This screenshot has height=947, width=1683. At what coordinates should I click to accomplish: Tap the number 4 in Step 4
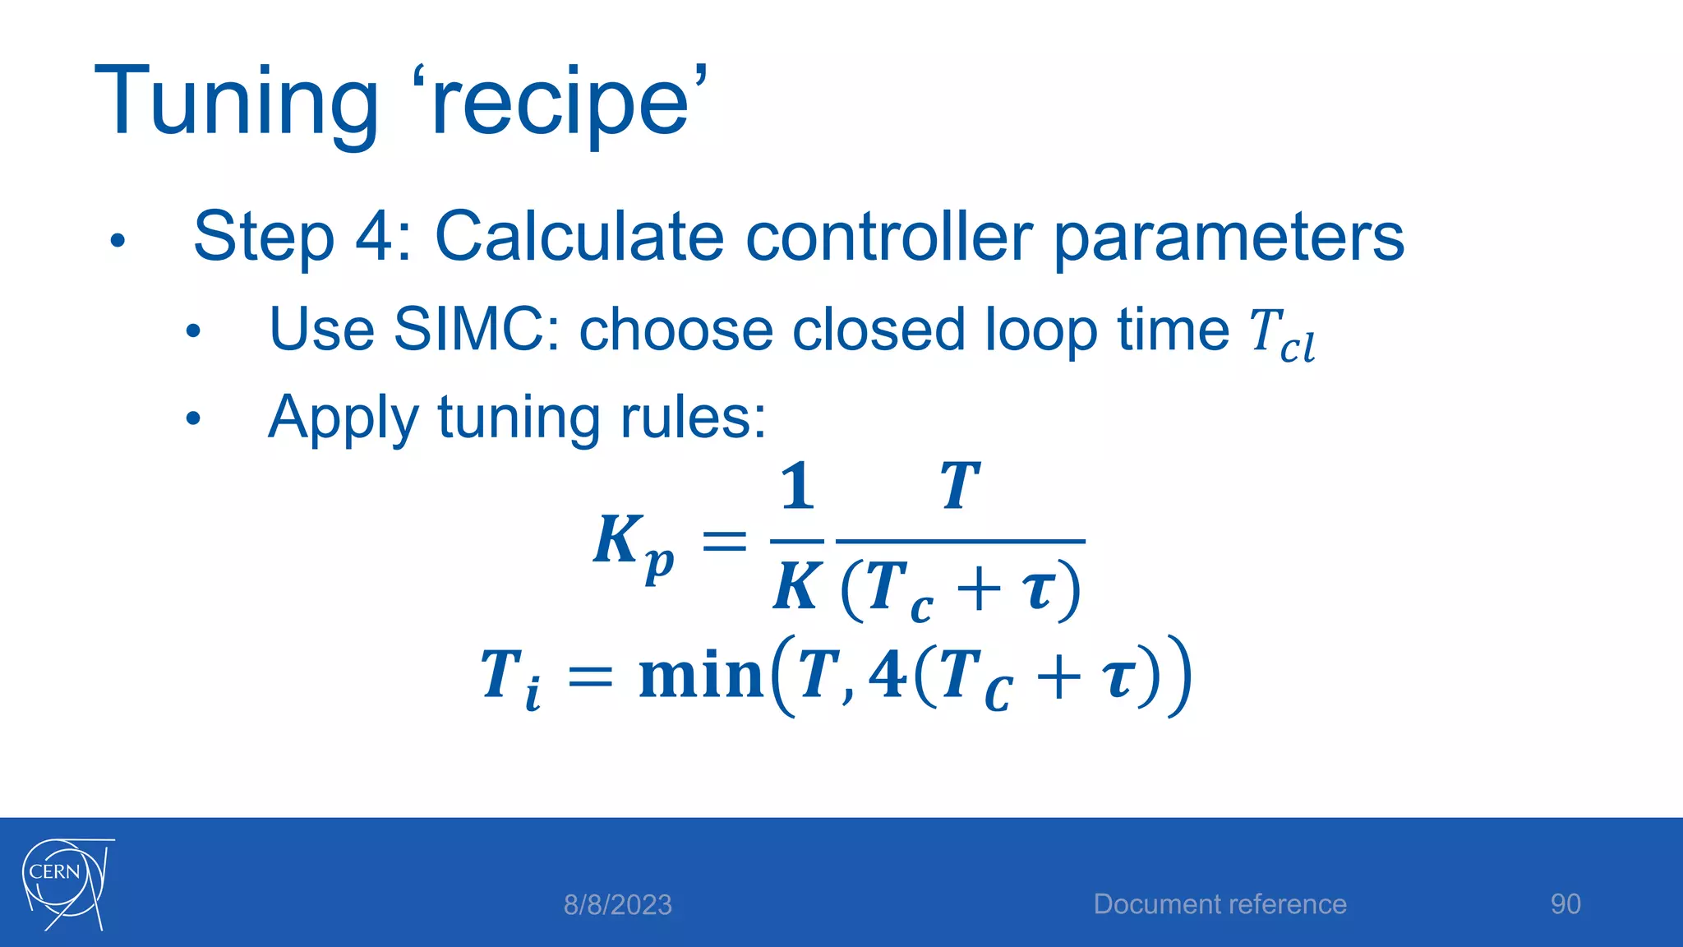point(373,237)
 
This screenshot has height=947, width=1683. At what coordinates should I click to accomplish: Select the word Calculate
point(579,237)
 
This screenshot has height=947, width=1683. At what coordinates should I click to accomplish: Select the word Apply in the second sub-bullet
point(344,418)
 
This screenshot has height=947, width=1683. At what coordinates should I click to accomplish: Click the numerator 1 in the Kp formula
point(796,487)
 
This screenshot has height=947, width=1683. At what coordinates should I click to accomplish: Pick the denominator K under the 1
point(795,587)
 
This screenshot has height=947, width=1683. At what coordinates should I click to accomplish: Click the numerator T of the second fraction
point(959,487)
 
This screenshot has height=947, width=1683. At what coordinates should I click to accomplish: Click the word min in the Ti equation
point(701,676)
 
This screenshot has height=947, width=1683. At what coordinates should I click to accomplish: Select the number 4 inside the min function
point(888,674)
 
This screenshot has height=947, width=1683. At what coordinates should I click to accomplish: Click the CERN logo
point(66,884)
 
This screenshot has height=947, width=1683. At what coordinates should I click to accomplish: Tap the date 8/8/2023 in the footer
point(617,905)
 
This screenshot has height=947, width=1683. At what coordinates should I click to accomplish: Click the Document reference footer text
point(1220,904)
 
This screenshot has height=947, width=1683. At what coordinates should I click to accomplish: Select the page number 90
point(1565,904)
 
